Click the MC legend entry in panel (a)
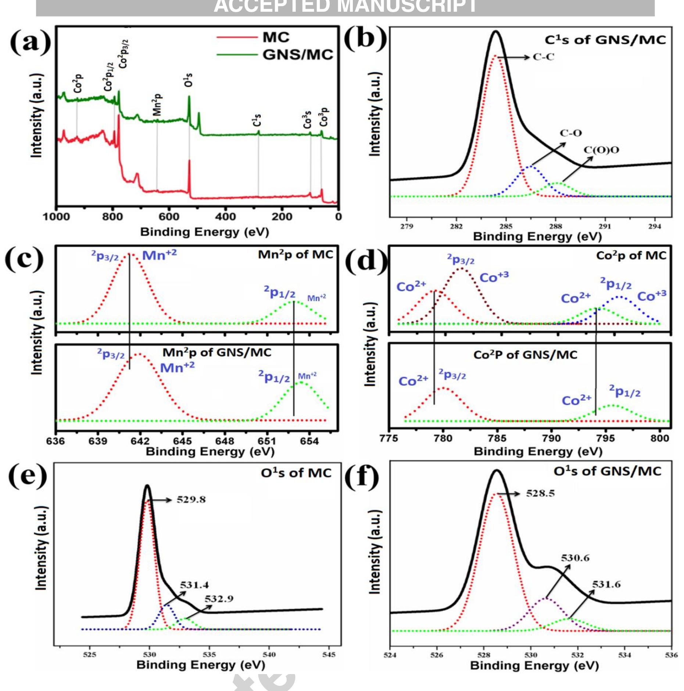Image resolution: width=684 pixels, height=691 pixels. coord(276,37)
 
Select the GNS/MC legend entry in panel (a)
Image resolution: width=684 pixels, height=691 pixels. coord(297,55)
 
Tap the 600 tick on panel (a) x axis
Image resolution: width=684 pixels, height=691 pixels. coord(169,216)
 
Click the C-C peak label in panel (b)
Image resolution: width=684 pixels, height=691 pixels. coord(543,57)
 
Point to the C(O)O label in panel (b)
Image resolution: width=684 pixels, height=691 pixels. coord(601,150)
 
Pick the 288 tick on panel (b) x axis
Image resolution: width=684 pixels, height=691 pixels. coord(555,226)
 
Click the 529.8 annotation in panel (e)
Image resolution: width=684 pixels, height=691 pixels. coord(191,500)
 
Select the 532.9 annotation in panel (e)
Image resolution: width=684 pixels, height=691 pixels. coord(219,599)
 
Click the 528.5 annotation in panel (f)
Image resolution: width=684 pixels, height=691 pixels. coord(540,493)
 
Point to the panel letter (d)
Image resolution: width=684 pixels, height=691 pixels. coord(366,261)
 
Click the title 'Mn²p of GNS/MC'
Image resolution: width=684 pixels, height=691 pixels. coord(217,352)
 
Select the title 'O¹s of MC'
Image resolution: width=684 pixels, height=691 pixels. coord(296,473)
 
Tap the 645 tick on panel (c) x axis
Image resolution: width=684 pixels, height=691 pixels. coord(182,441)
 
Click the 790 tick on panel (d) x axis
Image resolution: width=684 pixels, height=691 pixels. coord(551,438)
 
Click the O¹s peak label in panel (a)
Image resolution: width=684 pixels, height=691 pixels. coord(188,80)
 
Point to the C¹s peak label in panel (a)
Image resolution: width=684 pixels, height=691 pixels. coord(257,120)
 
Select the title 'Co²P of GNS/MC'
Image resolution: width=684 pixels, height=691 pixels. coord(525,355)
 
